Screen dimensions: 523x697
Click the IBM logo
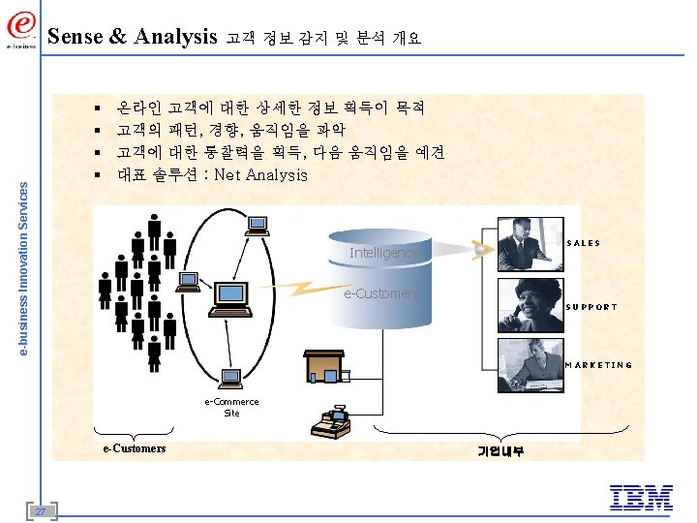[x=642, y=497]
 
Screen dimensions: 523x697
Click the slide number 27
[x=40, y=511]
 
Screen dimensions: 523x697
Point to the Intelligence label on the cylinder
[x=384, y=253]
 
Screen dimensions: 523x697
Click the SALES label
[x=583, y=243]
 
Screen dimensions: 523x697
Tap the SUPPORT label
[x=591, y=307]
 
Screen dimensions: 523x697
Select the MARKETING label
[x=599, y=365]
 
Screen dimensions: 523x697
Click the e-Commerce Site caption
[x=231, y=407]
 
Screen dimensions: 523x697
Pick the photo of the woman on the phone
[x=530, y=305]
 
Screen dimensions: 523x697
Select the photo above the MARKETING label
[x=530, y=364]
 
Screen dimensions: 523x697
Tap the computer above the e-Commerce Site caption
[x=231, y=379]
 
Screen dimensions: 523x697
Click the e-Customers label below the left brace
[x=135, y=448]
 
